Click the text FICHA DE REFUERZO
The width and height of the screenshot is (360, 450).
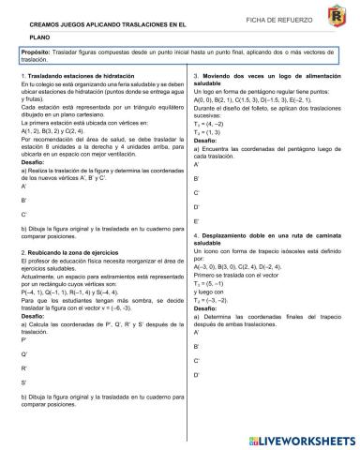coord(270,20)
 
